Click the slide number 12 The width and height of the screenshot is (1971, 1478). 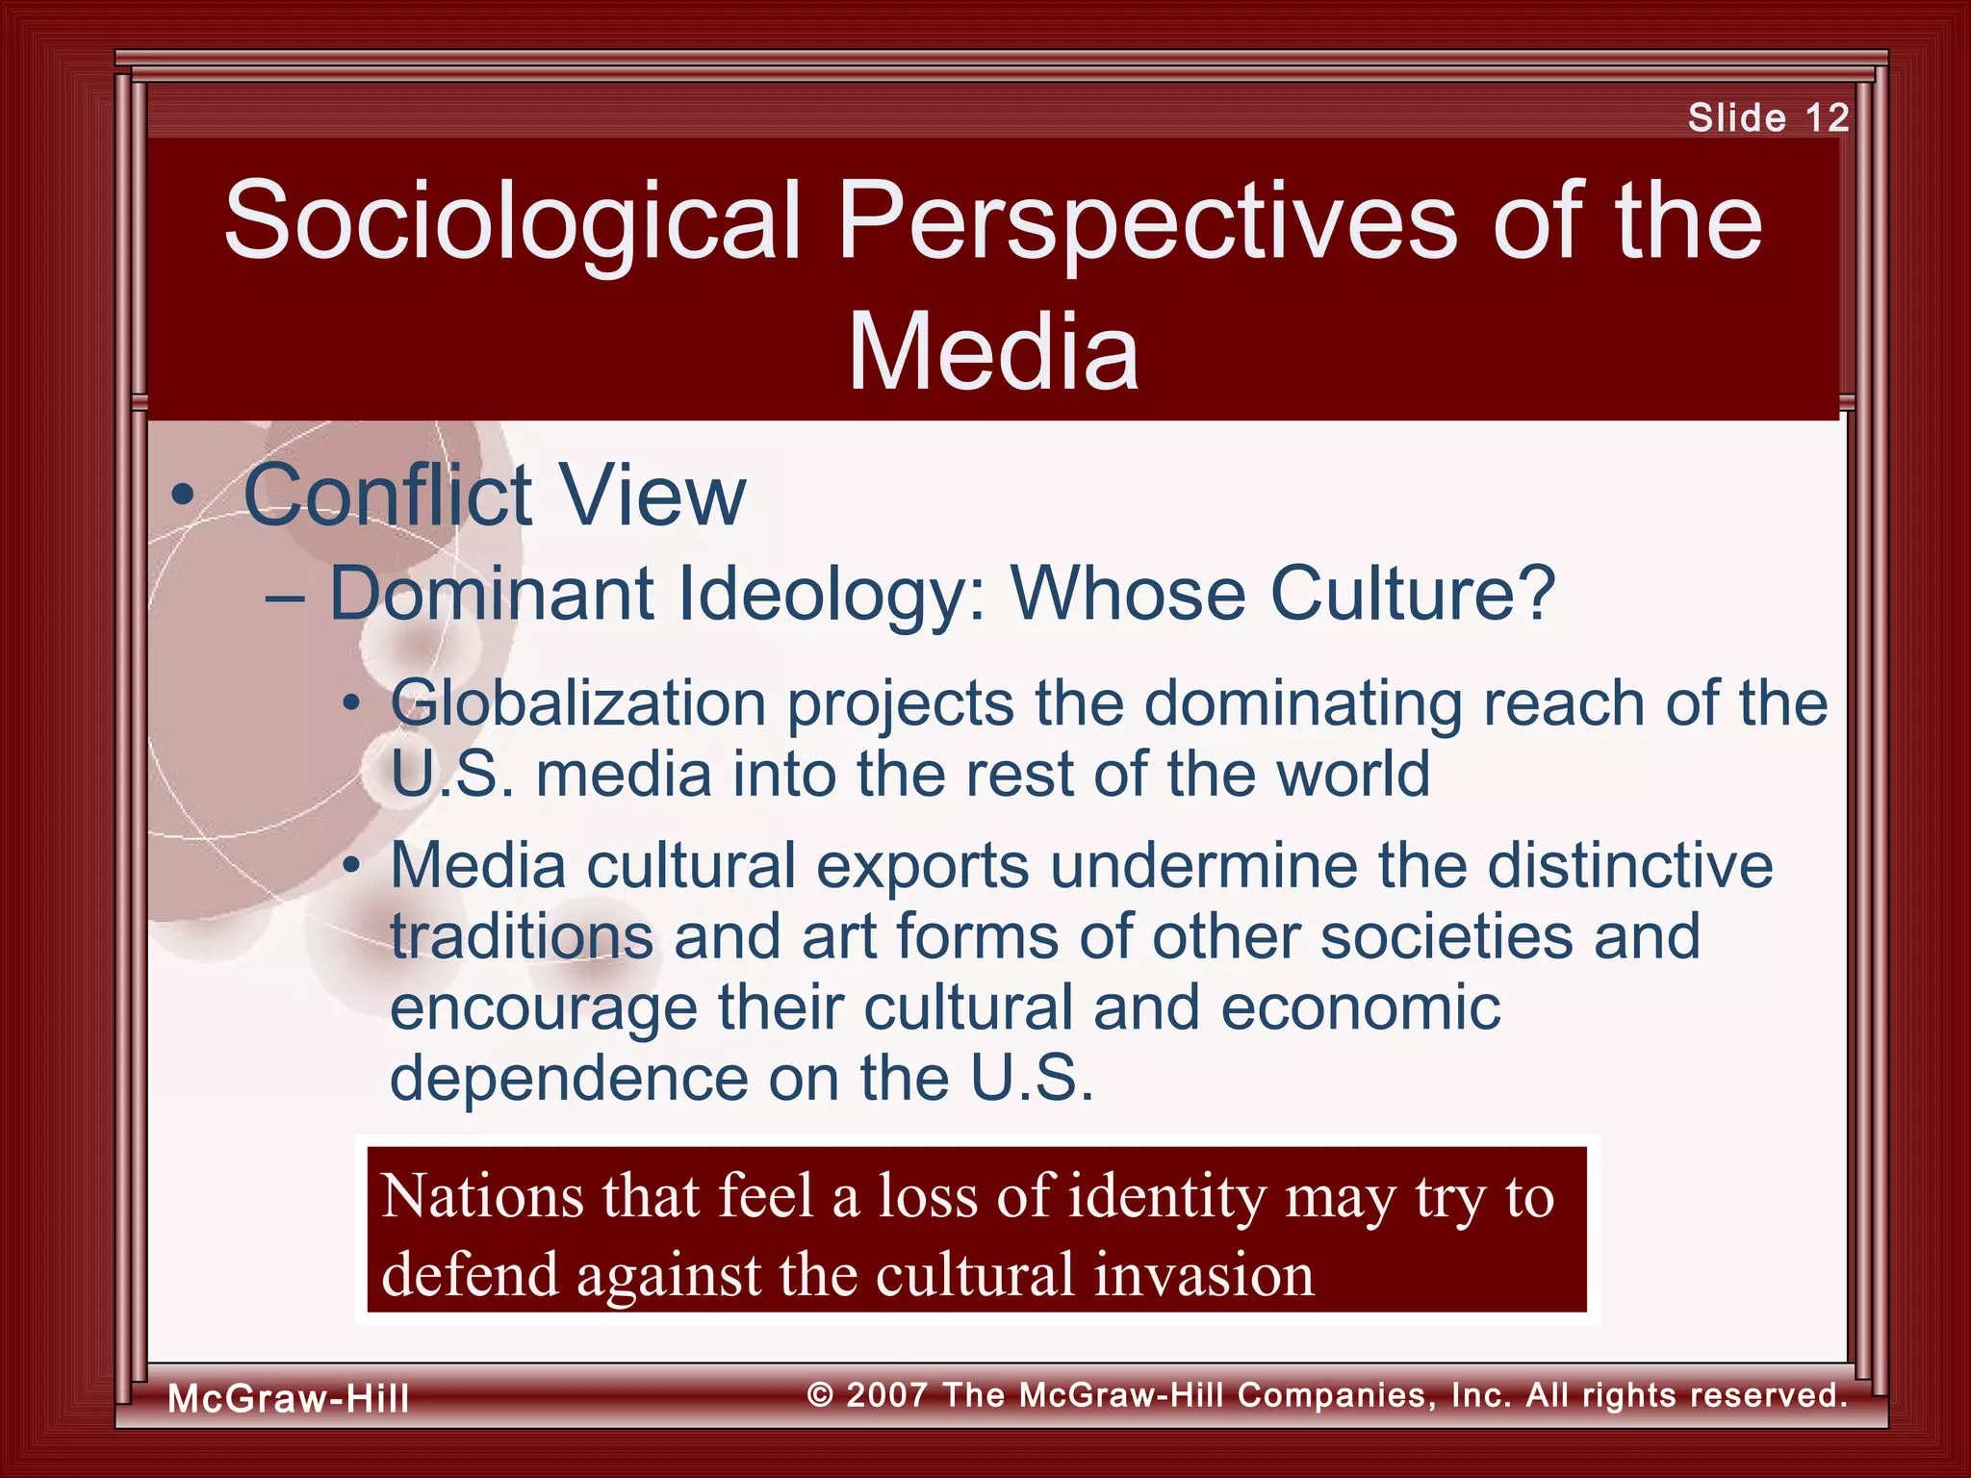point(1827,117)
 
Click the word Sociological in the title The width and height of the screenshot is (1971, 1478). point(512,220)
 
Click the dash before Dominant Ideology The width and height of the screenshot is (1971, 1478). point(285,598)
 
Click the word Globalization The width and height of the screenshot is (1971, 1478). point(577,704)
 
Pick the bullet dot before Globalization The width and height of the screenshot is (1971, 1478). point(353,704)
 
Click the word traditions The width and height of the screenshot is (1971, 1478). point(522,936)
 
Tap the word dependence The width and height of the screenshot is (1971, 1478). point(568,1079)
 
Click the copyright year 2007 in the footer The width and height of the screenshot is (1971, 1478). point(886,1394)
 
